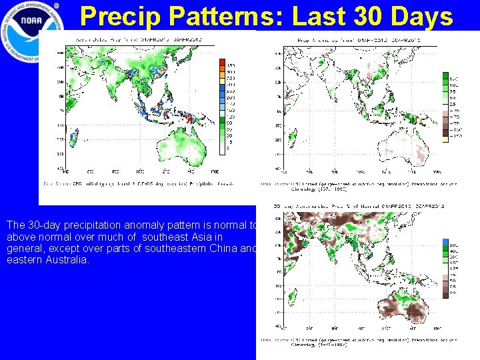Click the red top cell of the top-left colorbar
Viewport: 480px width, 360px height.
click(223, 62)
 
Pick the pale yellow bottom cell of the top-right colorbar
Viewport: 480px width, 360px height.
click(445, 139)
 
